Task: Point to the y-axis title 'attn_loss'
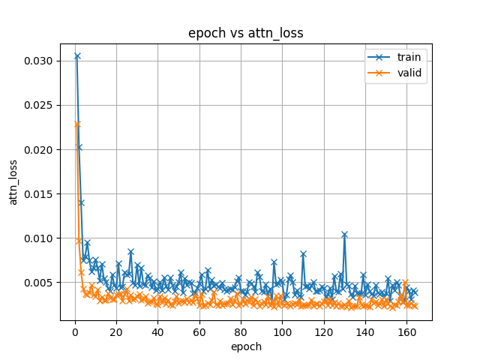click(x=13, y=181)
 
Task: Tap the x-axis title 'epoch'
click(x=245, y=347)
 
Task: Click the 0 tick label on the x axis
click(x=74, y=332)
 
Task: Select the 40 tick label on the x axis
click(x=157, y=332)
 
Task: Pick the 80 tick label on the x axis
click(x=241, y=332)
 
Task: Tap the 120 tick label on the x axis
click(x=323, y=332)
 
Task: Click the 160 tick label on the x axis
click(x=406, y=332)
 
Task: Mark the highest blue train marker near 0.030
click(x=76, y=56)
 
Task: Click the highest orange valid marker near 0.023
click(x=76, y=124)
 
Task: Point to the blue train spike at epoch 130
click(x=344, y=235)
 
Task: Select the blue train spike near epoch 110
click(x=303, y=254)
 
